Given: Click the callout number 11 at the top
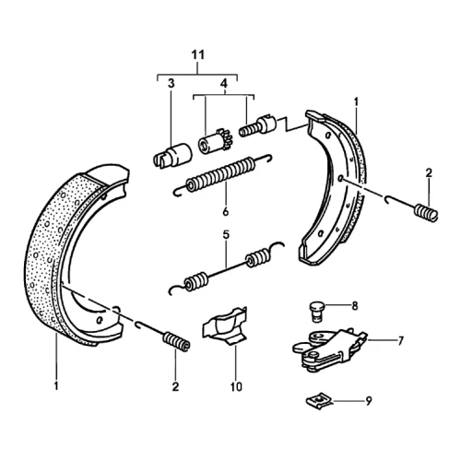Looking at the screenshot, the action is [x=197, y=55].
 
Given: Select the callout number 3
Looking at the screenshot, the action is [x=171, y=83].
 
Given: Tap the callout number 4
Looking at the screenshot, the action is [x=224, y=83].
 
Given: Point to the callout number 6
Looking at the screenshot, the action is [x=226, y=212].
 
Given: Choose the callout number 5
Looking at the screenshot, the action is [x=226, y=235].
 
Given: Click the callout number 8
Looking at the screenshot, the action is [x=355, y=306].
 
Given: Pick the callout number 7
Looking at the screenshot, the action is [x=400, y=341].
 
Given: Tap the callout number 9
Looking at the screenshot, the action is [x=369, y=401].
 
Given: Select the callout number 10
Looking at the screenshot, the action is [x=236, y=386].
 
